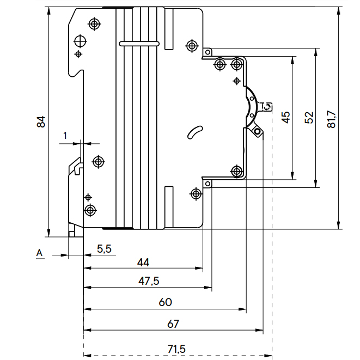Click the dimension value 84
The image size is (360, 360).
click(x=41, y=122)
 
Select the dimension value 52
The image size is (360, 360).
click(x=309, y=118)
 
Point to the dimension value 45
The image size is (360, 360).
click(x=286, y=118)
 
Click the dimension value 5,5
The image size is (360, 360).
click(x=104, y=248)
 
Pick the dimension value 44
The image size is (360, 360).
click(x=143, y=263)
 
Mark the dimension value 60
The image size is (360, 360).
click(x=164, y=302)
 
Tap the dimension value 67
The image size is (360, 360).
click(x=173, y=324)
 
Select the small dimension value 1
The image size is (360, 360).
click(x=64, y=135)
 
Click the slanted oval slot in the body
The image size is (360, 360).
click(x=194, y=132)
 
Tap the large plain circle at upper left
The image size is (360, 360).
click(x=81, y=41)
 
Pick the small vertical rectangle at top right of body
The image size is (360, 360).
click(x=169, y=20)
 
